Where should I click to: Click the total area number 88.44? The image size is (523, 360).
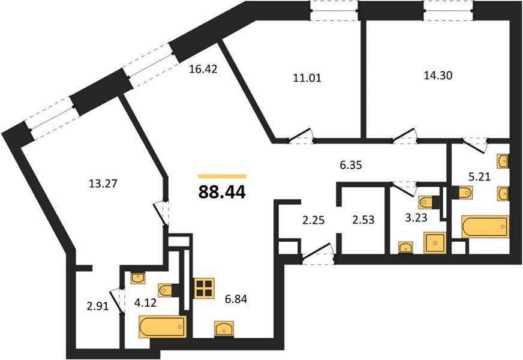[x=222, y=192]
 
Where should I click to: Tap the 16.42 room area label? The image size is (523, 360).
[x=203, y=69]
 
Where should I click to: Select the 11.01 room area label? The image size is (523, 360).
[x=307, y=78]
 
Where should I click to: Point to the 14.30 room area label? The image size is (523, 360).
[x=438, y=76]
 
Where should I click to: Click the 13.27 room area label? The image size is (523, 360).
[x=103, y=183]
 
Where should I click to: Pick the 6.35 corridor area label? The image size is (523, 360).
[x=351, y=165]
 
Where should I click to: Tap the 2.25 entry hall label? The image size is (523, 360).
[x=314, y=220]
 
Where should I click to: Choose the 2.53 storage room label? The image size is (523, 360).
[x=363, y=220]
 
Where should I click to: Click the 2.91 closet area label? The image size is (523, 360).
[x=98, y=306]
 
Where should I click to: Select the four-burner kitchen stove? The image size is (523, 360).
[x=204, y=288]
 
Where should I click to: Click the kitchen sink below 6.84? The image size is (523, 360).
[x=224, y=329]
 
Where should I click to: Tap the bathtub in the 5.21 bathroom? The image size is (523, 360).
[x=485, y=227]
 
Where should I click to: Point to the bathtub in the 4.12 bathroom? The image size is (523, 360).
[x=163, y=326]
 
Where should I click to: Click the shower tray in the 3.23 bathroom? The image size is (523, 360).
[x=435, y=243]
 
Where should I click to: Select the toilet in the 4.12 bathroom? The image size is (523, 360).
[x=167, y=290]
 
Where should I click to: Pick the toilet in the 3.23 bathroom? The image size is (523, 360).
[x=428, y=202]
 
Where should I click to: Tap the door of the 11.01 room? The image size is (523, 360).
[x=301, y=137]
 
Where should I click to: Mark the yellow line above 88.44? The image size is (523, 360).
[x=222, y=176]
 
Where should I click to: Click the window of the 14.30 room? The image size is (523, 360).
[x=449, y=10]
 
